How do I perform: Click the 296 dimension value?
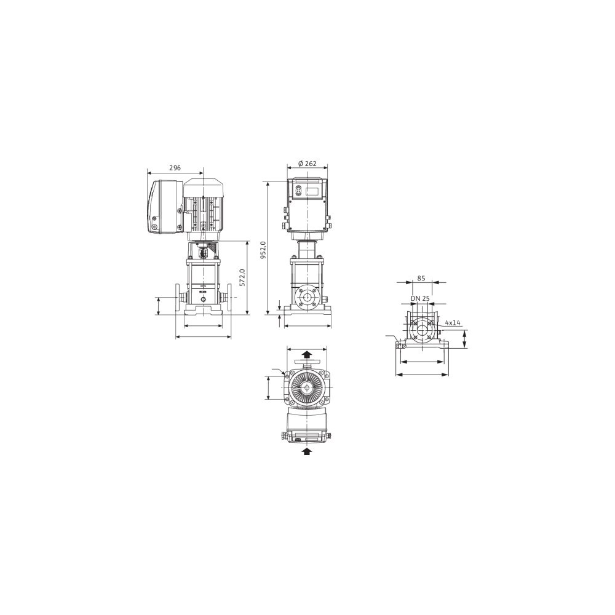(x=175, y=168)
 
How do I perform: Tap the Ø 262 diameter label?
(x=307, y=164)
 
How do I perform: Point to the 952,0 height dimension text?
(x=263, y=250)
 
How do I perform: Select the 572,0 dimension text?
(x=242, y=277)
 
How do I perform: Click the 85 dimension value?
(x=421, y=279)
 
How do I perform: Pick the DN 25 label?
(x=420, y=298)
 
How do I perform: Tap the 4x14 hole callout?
(x=453, y=323)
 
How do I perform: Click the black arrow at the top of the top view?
(x=307, y=355)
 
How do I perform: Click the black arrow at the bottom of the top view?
(x=307, y=451)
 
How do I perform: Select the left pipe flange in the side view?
(x=178, y=298)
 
